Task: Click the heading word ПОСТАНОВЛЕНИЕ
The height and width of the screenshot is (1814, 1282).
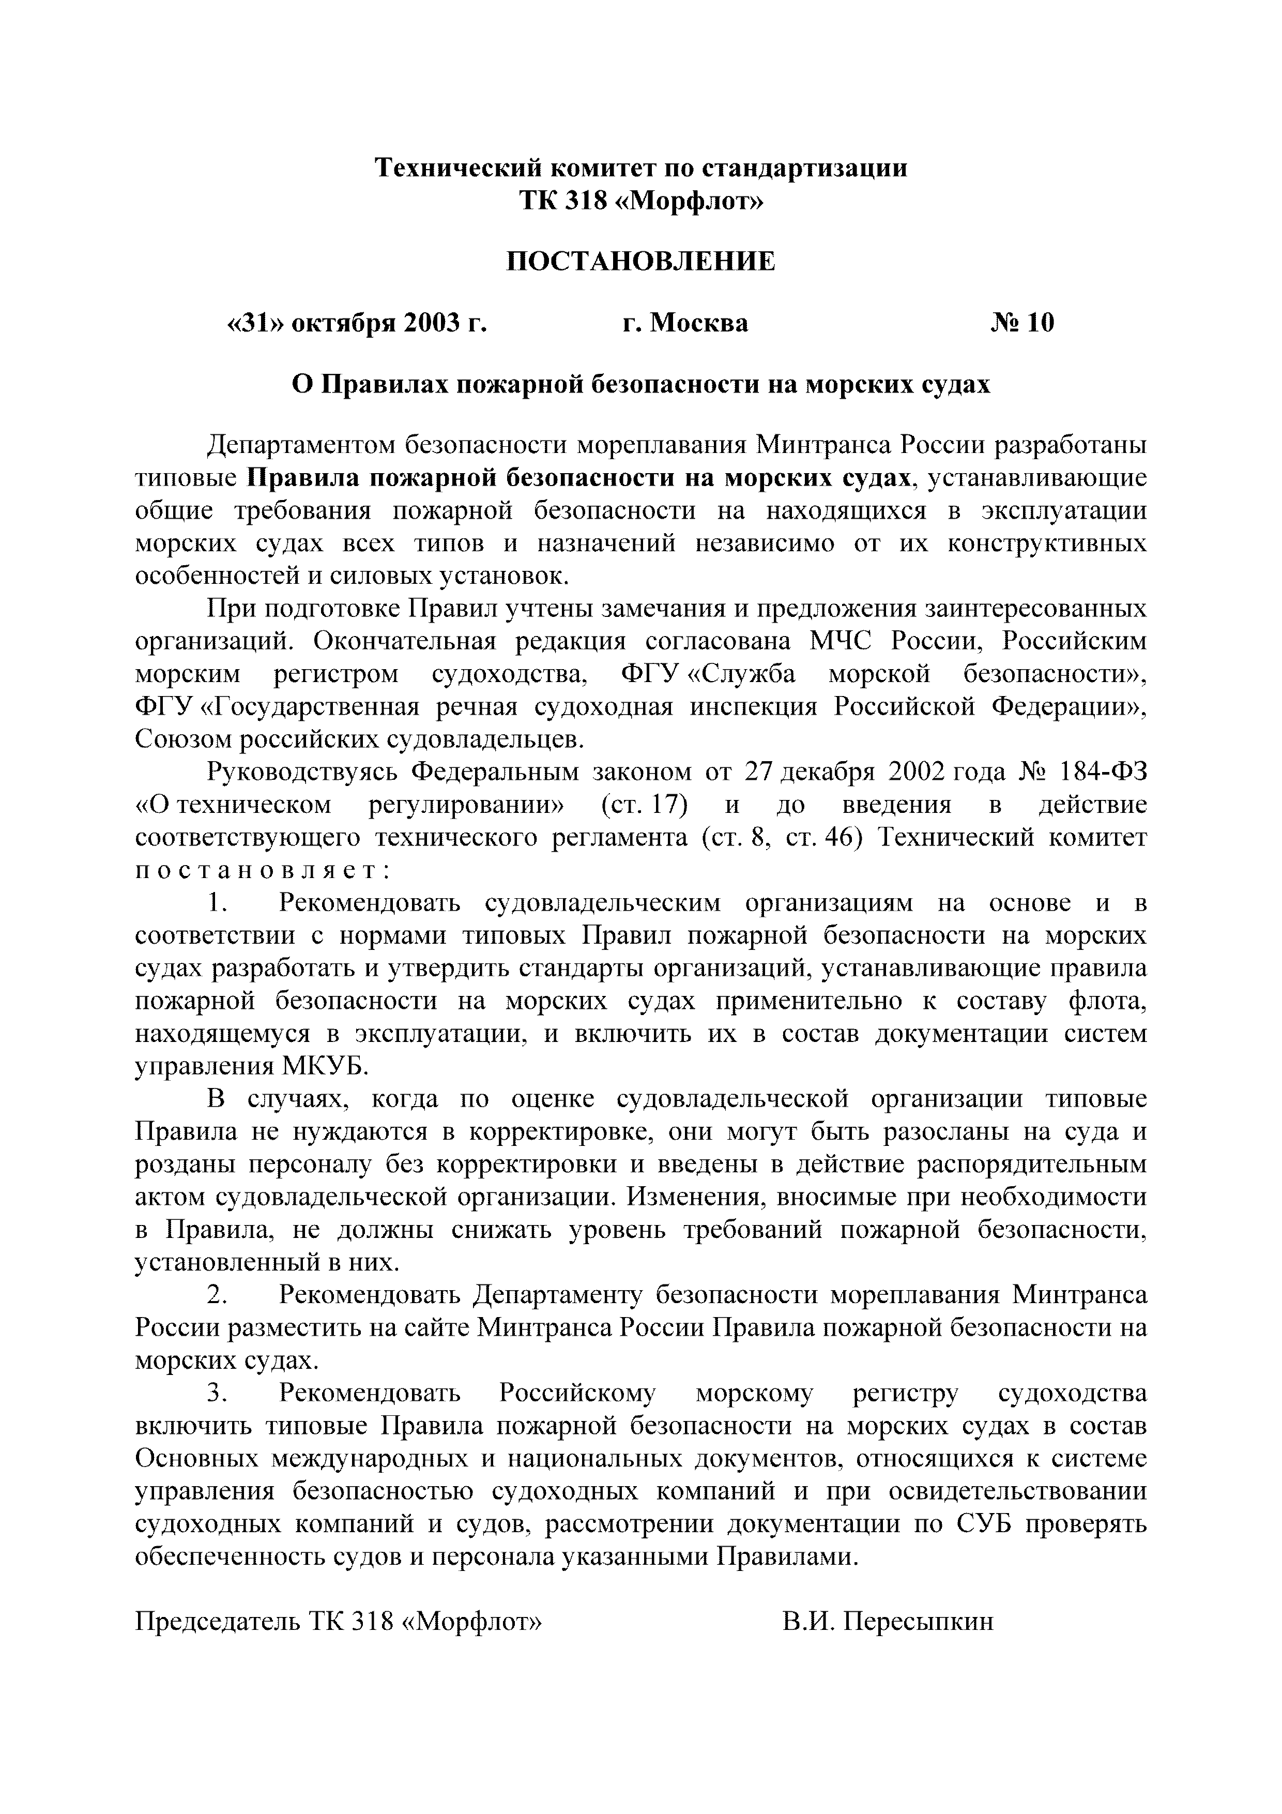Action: (640, 262)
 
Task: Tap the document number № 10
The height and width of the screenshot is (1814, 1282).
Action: (1022, 323)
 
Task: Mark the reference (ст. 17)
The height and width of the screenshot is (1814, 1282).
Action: (644, 804)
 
